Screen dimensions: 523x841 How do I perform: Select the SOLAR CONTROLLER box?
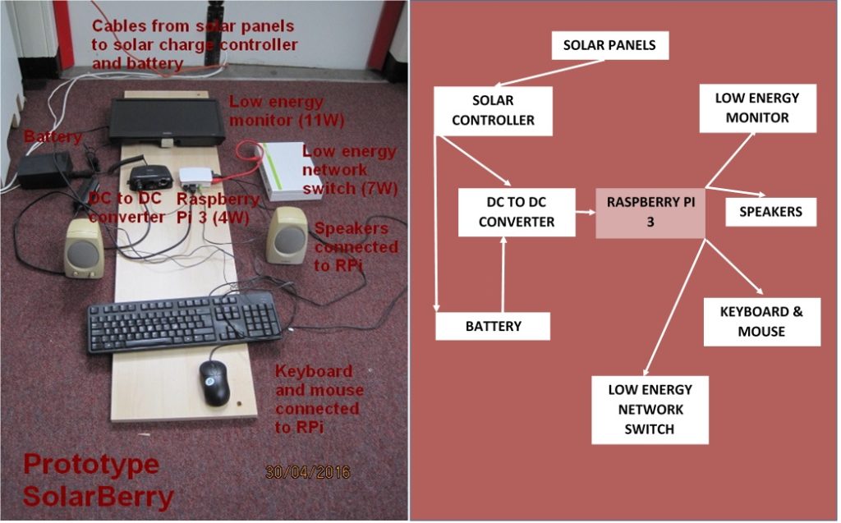pyautogui.click(x=493, y=111)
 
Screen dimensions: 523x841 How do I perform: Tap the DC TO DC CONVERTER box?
pyautogui.click(x=517, y=212)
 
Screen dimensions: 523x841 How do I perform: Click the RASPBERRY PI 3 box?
pyautogui.click(x=650, y=212)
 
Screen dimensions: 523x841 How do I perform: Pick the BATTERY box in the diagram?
pyautogui.click(x=493, y=326)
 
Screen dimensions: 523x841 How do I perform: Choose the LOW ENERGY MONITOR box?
pyautogui.click(x=757, y=108)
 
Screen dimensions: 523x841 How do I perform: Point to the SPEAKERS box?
pyautogui.click(x=770, y=212)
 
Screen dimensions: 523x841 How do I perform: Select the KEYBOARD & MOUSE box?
pyautogui.click(x=761, y=322)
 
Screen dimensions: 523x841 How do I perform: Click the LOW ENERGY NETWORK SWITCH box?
pyautogui.click(x=649, y=409)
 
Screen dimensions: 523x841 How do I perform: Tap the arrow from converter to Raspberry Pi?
pyautogui.click(x=586, y=212)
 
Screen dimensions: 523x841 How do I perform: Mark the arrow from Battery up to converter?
pyautogui.click(x=503, y=274)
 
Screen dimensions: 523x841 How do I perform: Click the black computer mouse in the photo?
pyautogui.click(x=214, y=383)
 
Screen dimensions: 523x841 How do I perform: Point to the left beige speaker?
pyautogui.click(x=84, y=248)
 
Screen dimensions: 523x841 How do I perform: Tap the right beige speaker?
pyautogui.click(x=287, y=236)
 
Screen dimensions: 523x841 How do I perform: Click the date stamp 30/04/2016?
pyautogui.click(x=307, y=473)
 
